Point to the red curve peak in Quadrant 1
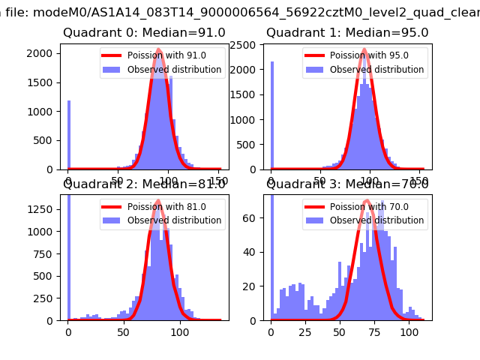click(x=364, y=50)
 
